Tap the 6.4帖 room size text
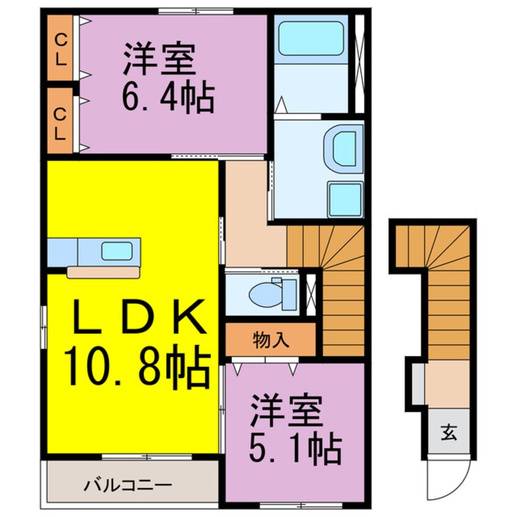coord(168,98)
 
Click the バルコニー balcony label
coord(128,487)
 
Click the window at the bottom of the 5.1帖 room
coord(295,505)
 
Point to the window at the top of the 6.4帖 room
coord(196,10)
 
